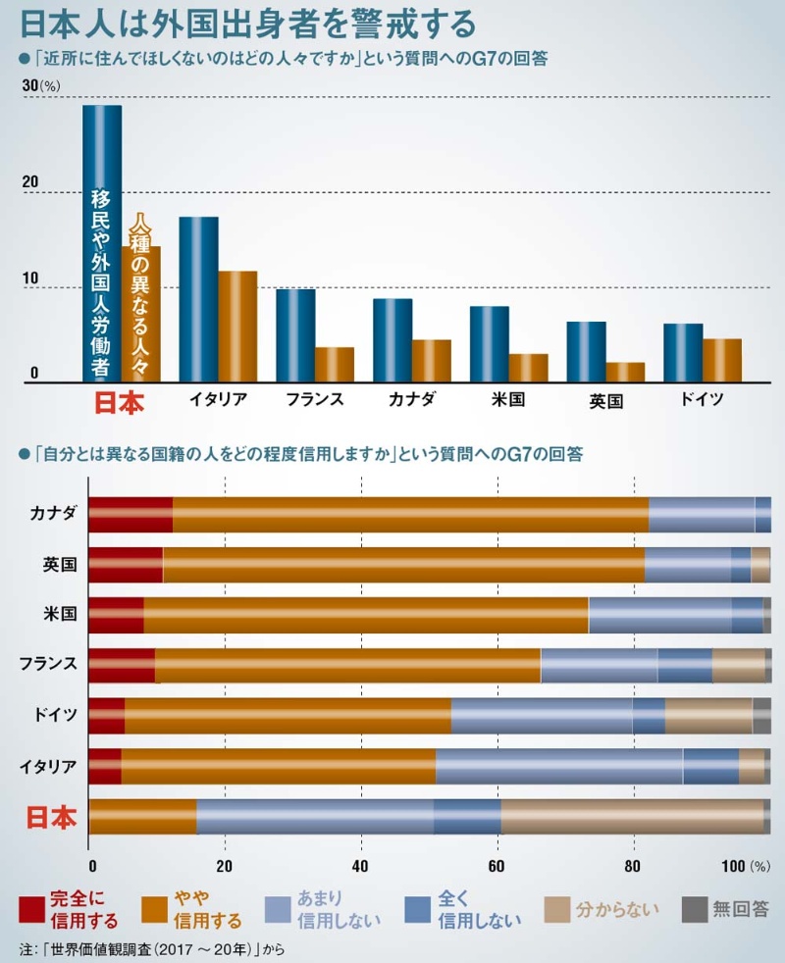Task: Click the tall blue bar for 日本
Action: click(102, 245)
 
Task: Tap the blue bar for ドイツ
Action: click(683, 353)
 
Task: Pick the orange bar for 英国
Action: click(625, 373)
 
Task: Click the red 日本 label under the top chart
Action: click(118, 404)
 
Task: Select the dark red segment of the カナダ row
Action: click(131, 515)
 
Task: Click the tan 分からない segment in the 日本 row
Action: click(632, 816)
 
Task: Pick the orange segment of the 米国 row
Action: click(365, 615)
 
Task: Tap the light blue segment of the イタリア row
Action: click(558, 766)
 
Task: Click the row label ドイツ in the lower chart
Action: click(57, 715)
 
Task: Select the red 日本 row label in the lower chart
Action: click(49, 818)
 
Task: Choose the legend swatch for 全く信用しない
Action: click(419, 909)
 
